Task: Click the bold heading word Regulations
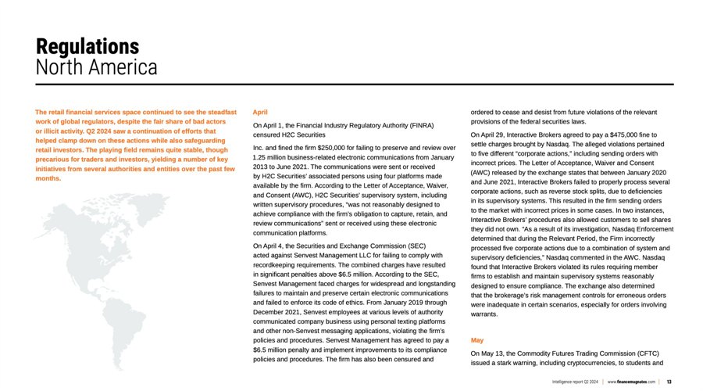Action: click(87, 46)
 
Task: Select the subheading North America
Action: click(97, 67)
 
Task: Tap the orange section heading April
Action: click(261, 113)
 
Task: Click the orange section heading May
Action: click(477, 340)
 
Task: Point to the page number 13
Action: click(669, 381)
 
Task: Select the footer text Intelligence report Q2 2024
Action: click(574, 381)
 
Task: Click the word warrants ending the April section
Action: click(484, 314)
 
